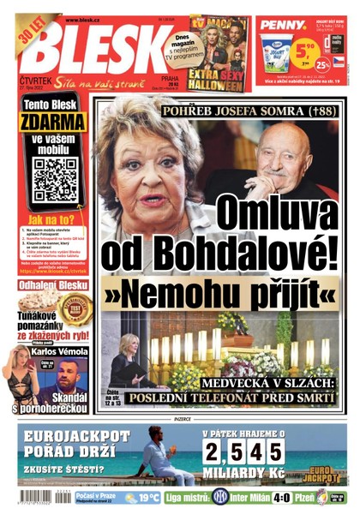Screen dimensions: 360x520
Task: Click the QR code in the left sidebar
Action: tap(56, 179)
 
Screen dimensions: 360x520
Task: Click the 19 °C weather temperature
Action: tap(148, 498)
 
